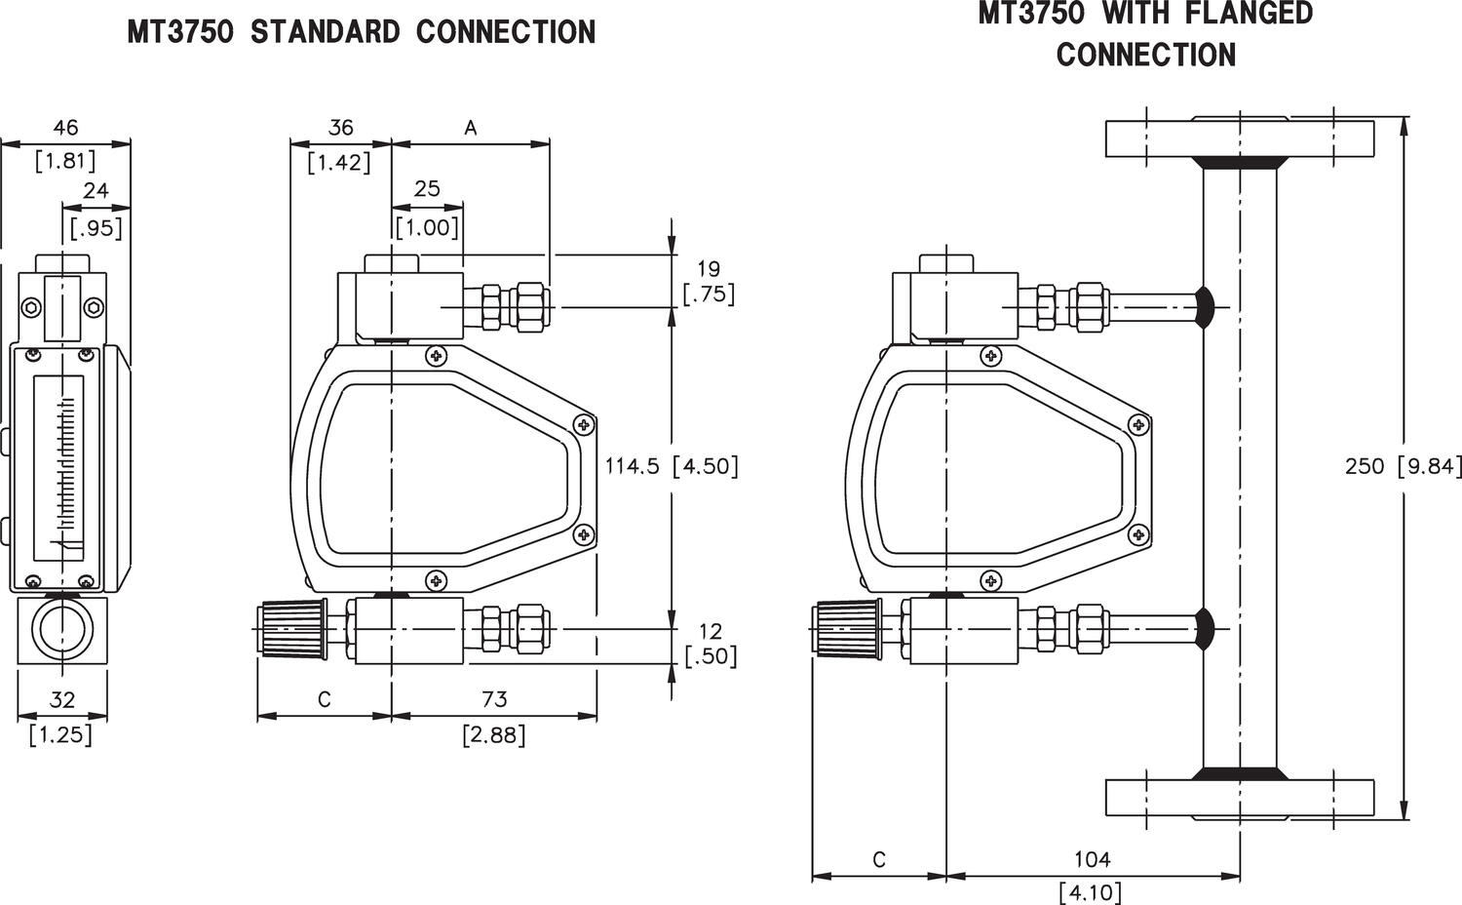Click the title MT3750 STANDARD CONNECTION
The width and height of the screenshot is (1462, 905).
tap(361, 32)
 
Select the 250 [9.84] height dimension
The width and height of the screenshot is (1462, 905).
tap(1403, 466)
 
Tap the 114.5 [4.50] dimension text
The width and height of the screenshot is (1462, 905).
tap(672, 466)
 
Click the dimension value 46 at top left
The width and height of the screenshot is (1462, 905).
tap(65, 128)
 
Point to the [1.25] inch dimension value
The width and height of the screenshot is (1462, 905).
tap(61, 734)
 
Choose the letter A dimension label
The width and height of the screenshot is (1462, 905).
tap(471, 128)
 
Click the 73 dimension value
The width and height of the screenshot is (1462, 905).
tap(494, 699)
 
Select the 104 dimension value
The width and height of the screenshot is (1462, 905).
tap(1092, 859)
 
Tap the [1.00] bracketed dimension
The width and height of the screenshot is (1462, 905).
tap(427, 228)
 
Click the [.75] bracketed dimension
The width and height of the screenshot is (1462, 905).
tap(709, 294)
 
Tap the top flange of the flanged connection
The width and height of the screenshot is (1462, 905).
tap(1239, 138)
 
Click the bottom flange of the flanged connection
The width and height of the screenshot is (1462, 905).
tap(1239, 798)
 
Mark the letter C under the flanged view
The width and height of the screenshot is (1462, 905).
tap(879, 860)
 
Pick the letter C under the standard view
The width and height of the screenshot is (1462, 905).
tap(325, 699)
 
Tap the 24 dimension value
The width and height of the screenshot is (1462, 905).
tap(96, 191)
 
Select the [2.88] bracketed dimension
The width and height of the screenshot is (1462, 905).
tap(494, 734)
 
